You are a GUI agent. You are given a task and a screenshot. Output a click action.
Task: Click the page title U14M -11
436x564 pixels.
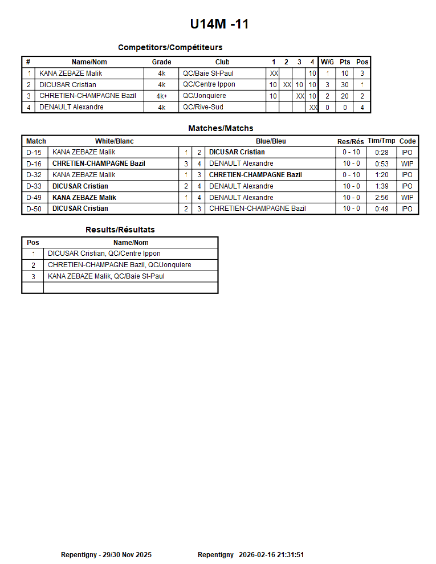(219, 24)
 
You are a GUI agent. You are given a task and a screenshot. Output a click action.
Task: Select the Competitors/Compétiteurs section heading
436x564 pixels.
(170, 47)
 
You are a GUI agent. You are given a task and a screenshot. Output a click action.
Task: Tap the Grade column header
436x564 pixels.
(161, 62)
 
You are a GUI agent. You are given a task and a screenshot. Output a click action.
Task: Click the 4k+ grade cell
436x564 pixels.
(161, 96)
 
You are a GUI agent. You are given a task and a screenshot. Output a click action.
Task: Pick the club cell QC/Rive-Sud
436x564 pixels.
(203, 107)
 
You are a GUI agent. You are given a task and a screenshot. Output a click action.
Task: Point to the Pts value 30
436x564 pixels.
(345, 85)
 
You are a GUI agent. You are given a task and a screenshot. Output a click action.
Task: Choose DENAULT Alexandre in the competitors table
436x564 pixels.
(71, 107)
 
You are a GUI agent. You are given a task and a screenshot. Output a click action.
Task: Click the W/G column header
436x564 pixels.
(327, 62)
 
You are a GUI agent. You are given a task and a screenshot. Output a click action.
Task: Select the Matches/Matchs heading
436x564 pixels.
(221, 128)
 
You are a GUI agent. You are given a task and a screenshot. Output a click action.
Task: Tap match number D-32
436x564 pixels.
(34, 175)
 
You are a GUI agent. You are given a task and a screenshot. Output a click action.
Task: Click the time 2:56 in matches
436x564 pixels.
(381, 198)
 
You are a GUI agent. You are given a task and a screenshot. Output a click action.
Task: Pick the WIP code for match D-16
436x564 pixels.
(407, 164)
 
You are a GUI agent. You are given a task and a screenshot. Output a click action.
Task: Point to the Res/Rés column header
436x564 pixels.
(350, 141)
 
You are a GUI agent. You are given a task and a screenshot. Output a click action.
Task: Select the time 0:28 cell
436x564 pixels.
(381, 153)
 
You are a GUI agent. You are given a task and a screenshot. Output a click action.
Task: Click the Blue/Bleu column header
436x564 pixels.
(271, 141)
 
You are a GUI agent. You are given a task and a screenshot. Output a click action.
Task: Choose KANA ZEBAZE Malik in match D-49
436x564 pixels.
(84, 198)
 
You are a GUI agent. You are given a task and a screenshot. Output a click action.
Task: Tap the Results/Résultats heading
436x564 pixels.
(120, 230)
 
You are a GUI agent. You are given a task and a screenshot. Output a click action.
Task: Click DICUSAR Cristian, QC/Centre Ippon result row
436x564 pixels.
(104, 254)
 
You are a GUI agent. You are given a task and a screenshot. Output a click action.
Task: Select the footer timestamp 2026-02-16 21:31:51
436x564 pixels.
(271, 555)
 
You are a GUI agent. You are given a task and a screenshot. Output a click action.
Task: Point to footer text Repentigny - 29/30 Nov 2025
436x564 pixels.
(106, 555)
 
